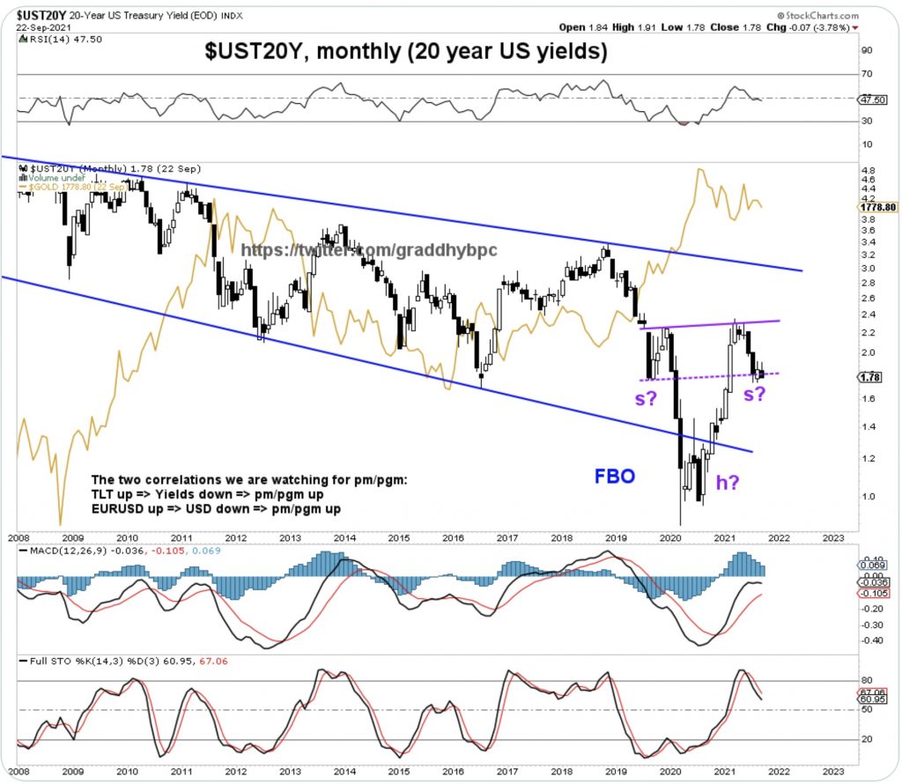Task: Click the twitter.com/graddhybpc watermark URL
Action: point(369,250)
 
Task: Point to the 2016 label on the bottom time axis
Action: point(453,536)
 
